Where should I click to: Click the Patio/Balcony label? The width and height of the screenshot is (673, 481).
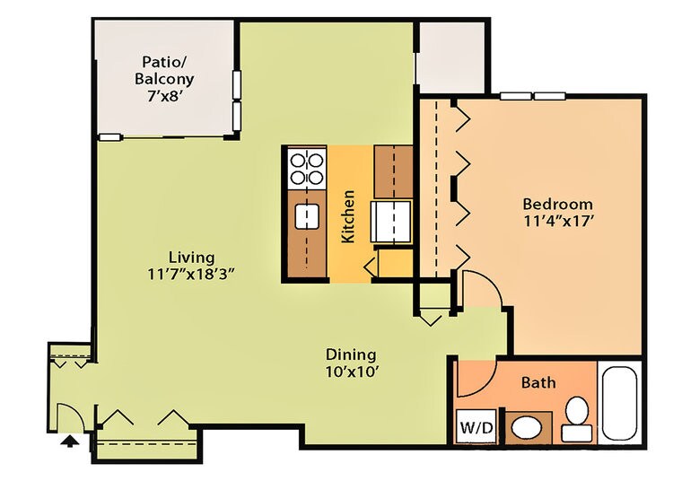click(164, 70)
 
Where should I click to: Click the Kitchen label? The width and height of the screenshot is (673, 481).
click(349, 215)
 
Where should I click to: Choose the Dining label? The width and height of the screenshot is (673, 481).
click(351, 354)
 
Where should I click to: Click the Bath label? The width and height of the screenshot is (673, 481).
click(538, 382)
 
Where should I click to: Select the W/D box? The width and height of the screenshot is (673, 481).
click(476, 426)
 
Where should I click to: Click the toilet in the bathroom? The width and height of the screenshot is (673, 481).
click(575, 417)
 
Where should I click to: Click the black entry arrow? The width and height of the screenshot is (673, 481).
click(68, 440)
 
